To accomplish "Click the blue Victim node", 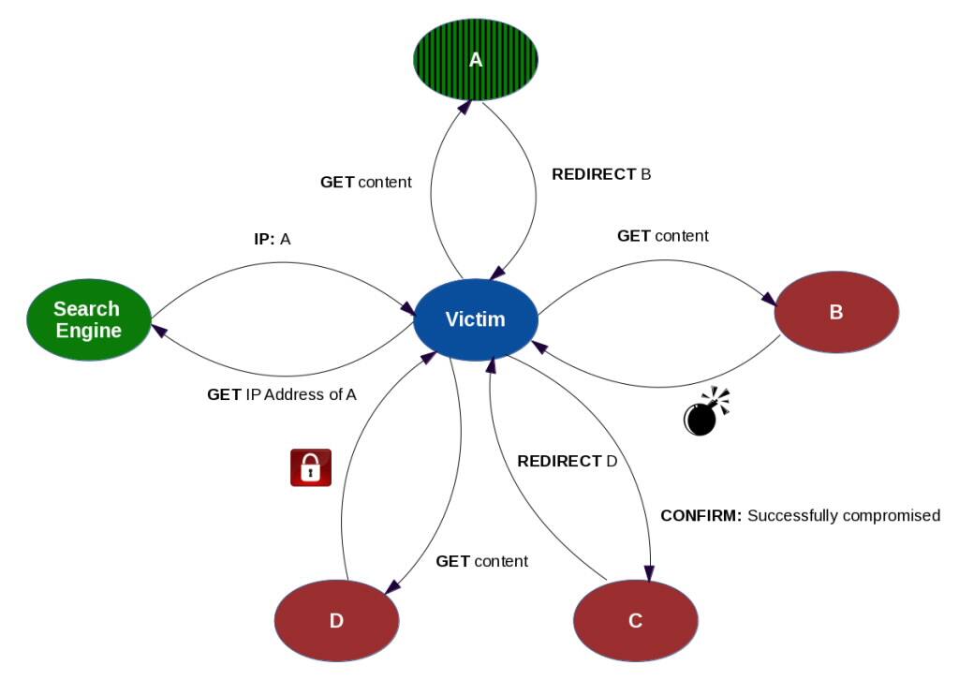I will [x=476, y=319].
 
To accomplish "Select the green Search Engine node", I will [x=88, y=319].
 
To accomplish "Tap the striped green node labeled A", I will [x=476, y=60].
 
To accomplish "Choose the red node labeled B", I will [x=836, y=312].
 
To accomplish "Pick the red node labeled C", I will [x=635, y=620].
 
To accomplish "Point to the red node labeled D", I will [x=336, y=620].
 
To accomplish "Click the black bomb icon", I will [x=702, y=414].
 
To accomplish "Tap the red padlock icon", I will [x=311, y=467].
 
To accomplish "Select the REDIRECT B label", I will [x=601, y=174].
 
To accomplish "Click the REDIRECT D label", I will [x=568, y=461].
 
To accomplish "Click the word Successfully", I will [x=792, y=515].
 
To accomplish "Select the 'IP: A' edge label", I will [x=273, y=240].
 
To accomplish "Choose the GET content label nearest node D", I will [x=481, y=561].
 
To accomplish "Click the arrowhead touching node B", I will [x=769, y=298].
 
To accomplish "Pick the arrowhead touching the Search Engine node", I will [x=160, y=330].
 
